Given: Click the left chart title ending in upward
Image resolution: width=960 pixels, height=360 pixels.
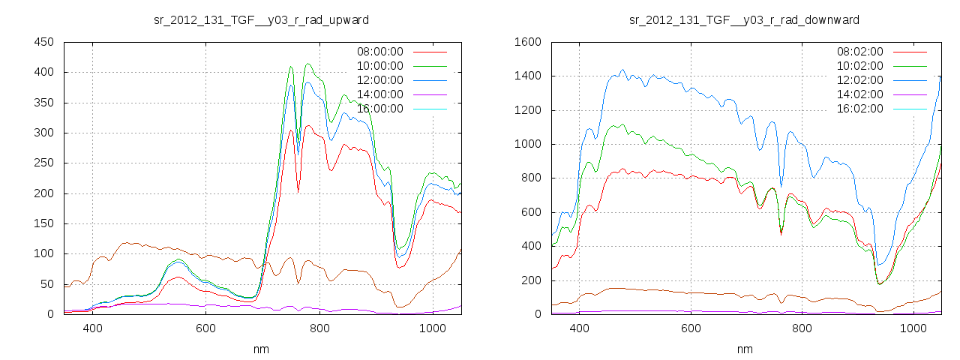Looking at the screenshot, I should point(261,19).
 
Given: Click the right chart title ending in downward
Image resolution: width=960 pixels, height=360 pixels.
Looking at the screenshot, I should point(744,19).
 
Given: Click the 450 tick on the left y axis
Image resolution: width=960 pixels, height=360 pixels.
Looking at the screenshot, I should point(43,42).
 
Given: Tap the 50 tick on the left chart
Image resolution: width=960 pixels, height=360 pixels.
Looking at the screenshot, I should point(46,284).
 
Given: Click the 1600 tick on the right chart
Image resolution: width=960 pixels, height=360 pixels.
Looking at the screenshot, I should point(527,42).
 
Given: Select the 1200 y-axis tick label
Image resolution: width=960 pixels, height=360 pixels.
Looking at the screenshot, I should point(527,110).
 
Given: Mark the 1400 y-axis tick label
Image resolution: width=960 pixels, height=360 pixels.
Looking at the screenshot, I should point(527,76).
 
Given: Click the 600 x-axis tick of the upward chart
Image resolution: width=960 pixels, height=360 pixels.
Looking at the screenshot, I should point(205,328).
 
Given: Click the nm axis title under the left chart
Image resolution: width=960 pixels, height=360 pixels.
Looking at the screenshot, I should point(261,349).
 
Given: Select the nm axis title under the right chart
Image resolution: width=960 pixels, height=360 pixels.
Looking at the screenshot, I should point(744,349).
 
